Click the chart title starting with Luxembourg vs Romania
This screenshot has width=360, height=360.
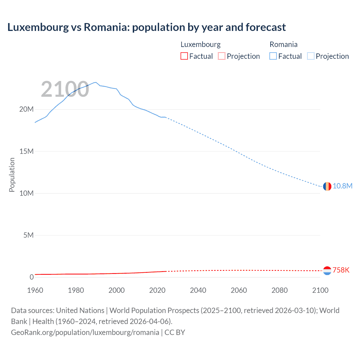(147, 27)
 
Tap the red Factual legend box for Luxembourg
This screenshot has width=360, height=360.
(184, 56)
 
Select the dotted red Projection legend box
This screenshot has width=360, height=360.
(222, 56)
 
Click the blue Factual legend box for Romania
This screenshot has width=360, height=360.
(273, 56)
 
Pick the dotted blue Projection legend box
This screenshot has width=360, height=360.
(311, 56)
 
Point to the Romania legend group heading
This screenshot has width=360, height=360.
(283, 44)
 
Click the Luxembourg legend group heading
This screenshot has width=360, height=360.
(201, 44)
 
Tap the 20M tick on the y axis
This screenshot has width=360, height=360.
(26, 109)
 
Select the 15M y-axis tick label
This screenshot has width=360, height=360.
(26, 151)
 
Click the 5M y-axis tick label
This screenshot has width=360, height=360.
(28, 235)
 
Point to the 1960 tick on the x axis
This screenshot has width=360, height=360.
(35, 290)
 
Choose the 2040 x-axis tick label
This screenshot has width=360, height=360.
(198, 290)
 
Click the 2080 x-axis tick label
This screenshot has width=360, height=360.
(280, 290)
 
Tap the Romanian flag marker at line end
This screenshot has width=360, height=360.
(327, 186)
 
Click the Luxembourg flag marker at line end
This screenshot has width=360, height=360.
(327, 271)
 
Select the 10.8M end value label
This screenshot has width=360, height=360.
(343, 186)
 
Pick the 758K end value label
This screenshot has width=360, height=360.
(341, 270)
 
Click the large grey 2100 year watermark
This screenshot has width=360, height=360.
(65, 89)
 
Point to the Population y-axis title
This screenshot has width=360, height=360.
(12, 175)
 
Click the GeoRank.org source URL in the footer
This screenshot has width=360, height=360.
(85, 332)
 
